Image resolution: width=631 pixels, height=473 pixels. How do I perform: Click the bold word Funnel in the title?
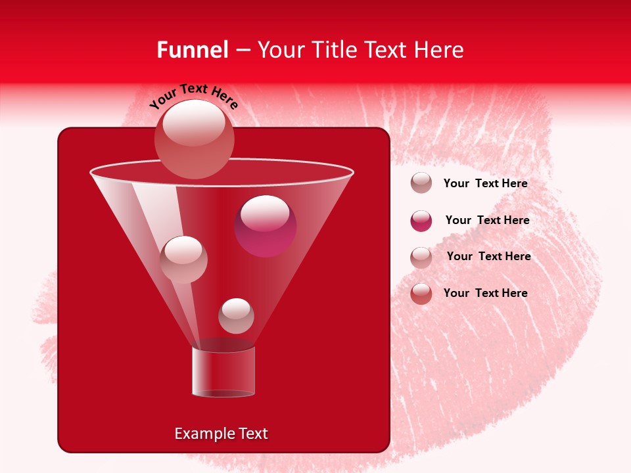pos(192,50)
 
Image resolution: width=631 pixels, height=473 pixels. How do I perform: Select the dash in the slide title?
pos(242,51)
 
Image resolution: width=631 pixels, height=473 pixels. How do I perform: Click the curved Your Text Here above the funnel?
pos(193,97)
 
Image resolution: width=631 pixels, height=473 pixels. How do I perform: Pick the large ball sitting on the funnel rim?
pos(195,139)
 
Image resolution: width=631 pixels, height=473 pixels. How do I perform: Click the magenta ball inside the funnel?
pos(266,226)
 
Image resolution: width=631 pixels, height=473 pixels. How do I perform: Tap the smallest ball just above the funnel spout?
pos(236,316)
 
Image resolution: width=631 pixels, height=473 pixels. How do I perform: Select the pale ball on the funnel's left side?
pos(183,259)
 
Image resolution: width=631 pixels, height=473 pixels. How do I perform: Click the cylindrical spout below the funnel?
pos(223,372)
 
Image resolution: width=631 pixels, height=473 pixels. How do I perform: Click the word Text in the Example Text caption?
pos(252,434)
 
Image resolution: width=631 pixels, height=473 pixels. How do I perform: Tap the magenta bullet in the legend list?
pos(421,221)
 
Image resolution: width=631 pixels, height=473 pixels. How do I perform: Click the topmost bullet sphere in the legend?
pos(421,183)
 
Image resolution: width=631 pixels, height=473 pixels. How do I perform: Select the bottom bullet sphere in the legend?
pos(421,294)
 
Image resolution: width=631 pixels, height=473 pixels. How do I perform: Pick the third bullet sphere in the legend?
pos(421,257)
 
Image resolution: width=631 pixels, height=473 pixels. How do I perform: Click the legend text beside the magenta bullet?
pos(487,221)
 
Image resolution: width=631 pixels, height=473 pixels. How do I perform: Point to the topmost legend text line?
pos(485,184)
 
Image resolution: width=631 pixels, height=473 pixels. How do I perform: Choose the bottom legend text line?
pos(485,293)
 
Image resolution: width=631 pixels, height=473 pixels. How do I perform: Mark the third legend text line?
pos(488,256)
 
